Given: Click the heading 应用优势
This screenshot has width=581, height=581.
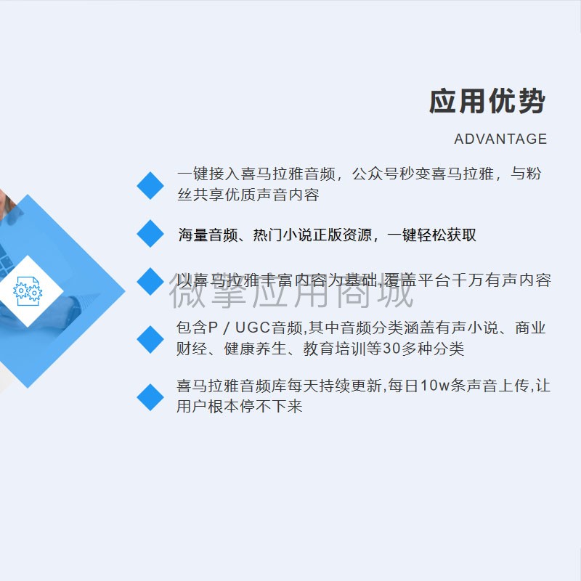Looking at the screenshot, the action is (x=487, y=101).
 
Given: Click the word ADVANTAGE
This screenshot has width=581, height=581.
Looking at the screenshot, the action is (x=500, y=139).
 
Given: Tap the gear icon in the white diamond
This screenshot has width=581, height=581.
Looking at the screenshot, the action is (x=28, y=291).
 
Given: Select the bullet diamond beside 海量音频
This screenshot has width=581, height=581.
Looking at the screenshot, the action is (x=150, y=233).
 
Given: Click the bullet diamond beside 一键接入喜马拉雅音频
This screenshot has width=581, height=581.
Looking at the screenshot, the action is (x=150, y=185).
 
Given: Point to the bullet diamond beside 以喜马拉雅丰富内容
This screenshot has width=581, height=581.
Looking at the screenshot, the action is (x=150, y=281).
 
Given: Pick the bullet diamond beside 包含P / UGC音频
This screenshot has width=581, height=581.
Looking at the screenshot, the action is (x=150, y=339).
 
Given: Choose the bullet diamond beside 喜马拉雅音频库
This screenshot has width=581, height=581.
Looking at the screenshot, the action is (x=150, y=397).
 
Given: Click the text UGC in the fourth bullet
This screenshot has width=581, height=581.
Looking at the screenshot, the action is (x=253, y=328).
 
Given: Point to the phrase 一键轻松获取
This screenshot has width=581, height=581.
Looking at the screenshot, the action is (x=431, y=235).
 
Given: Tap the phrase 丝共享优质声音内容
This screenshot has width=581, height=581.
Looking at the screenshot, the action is (x=248, y=195).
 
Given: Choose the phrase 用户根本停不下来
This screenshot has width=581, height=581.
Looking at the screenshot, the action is (x=240, y=407).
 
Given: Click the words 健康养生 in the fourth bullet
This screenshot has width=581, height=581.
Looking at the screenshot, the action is (x=256, y=349).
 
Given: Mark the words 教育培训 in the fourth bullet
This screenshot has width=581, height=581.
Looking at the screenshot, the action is (x=334, y=349).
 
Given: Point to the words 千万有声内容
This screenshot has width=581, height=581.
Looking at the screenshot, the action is (x=501, y=280).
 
